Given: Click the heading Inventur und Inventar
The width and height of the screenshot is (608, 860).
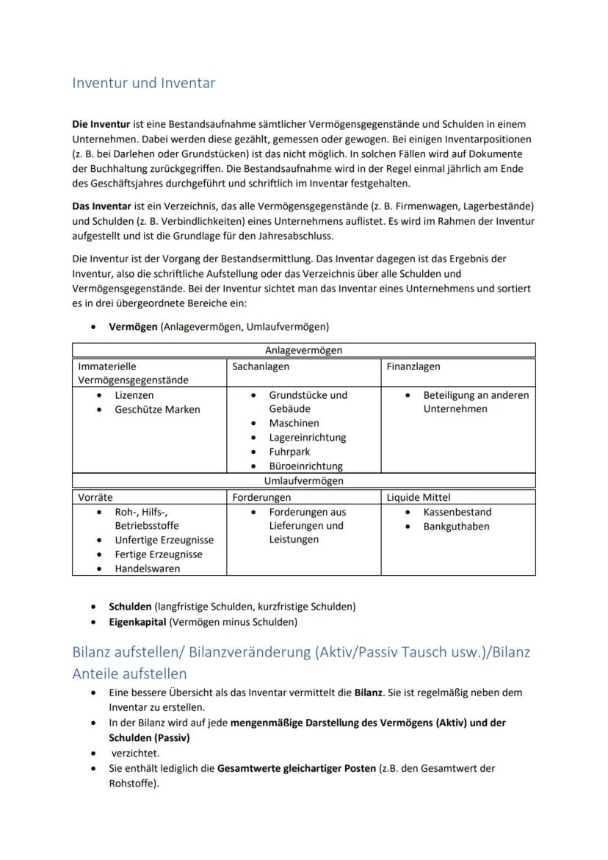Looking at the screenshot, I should point(143,83).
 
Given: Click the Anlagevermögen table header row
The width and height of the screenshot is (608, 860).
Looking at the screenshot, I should point(303,351).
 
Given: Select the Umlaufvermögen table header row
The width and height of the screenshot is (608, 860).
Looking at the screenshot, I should point(303,481).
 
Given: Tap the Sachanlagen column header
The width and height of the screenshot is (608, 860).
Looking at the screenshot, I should point(261,366).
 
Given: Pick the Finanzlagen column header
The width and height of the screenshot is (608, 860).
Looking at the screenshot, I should point(413,366).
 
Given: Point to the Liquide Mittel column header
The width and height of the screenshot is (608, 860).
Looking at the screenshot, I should point(419,497).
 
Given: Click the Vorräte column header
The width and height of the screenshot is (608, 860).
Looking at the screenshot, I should point(95,497).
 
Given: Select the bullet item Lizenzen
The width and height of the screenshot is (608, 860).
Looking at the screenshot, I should point(134,395).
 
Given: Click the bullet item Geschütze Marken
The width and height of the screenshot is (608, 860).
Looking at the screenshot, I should point(157,409).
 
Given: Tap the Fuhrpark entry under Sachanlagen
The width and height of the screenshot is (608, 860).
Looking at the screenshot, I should point(289,452).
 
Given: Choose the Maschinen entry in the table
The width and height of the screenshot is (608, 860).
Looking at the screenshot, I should point(294,423).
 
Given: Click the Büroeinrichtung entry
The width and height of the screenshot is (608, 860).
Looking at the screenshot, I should point(305,466).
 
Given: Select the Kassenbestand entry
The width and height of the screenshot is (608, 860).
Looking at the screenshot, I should point(457,512).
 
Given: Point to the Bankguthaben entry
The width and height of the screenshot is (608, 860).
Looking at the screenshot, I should point(456,526).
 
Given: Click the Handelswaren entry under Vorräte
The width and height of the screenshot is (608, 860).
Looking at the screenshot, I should point(147,568).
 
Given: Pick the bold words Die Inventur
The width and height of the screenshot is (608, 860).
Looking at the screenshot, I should point(101,124).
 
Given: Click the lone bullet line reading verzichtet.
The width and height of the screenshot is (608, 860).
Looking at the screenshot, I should point(135,753).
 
